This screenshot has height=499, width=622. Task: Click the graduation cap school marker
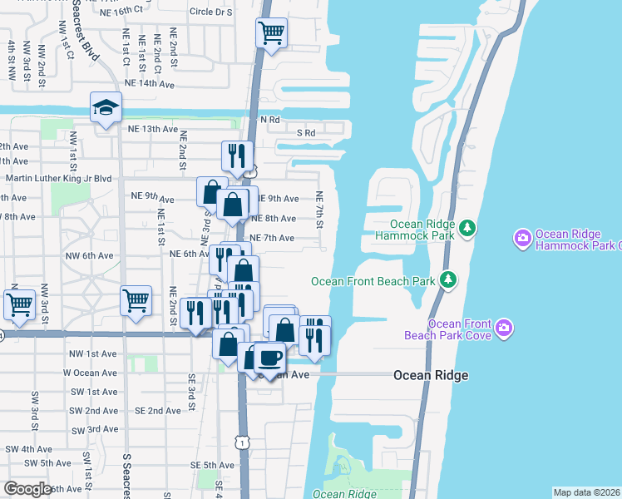[x=106, y=107]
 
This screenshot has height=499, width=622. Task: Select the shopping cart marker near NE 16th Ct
[x=271, y=33]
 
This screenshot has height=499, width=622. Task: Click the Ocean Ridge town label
[x=430, y=376]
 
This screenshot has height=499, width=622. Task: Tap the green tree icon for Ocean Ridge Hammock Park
[x=468, y=227]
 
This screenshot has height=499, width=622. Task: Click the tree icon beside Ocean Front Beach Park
[x=448, y=279]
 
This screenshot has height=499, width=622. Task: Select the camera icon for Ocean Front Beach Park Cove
[x=503, y=329]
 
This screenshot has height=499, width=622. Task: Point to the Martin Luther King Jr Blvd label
[x=58, y=178]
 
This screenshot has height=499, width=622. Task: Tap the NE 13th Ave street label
[x=153, y=129]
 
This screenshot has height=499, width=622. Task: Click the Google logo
[x=27, y=488]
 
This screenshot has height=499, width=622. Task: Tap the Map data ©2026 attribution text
[x=586, y=492]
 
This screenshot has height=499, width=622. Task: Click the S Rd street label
[x=307, y=133]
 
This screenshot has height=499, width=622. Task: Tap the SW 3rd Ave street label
[x=96, y=429]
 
